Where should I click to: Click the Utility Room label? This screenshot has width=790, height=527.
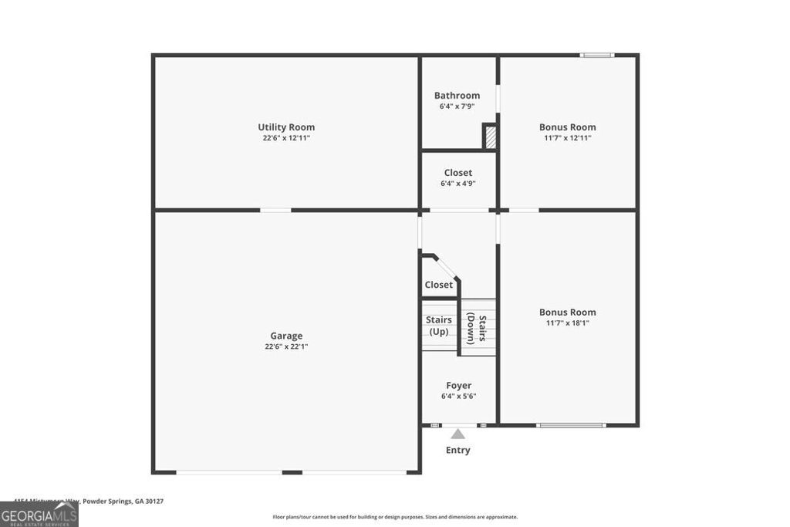coord(286,127)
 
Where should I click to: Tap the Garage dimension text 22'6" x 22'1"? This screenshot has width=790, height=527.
coord(286,346)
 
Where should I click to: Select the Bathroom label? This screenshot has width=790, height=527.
coord(457,96)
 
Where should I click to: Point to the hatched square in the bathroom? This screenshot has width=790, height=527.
coord(489,137)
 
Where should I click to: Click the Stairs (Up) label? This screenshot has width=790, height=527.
coord(439,326)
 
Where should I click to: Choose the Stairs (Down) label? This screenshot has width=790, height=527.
coord(477,328)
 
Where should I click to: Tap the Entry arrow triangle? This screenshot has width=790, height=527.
coord(458,434)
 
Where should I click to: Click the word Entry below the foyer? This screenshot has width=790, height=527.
coord(457,450)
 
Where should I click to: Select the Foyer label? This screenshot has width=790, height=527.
coord(458,385)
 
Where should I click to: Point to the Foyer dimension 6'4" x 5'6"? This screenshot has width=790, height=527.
coord(458,396)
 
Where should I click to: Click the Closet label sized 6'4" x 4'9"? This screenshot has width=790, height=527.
coord(458,173)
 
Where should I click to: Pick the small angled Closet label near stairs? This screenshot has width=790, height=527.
coord(439,285)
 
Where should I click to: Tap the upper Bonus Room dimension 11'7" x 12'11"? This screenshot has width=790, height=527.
coord(567,138)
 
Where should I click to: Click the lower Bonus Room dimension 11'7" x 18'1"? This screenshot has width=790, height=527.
coord(567,323)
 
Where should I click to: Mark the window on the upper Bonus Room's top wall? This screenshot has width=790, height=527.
coord(596,55)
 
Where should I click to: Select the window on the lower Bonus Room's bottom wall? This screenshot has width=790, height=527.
coord(571,424)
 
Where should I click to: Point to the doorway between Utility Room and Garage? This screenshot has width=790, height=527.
coord(275,210)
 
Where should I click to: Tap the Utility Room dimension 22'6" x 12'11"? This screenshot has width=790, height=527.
coord(286,138)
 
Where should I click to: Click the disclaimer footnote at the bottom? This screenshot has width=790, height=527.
coord(395,517)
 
